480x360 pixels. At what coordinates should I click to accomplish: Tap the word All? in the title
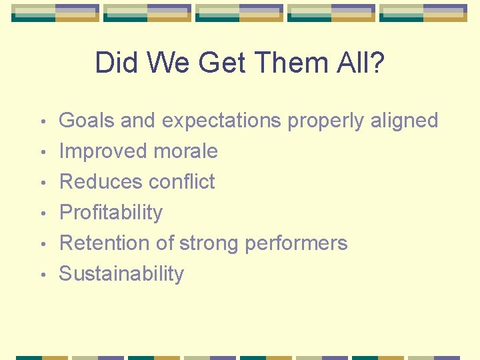(x=361, y=63)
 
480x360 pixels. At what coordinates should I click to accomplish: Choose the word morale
(x=186, y=151)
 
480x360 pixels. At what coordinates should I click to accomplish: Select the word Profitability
(x=111, y=213)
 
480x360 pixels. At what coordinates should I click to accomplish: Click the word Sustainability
(x=121, y=274)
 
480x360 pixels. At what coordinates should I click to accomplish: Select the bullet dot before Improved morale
(x=43, y=153)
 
